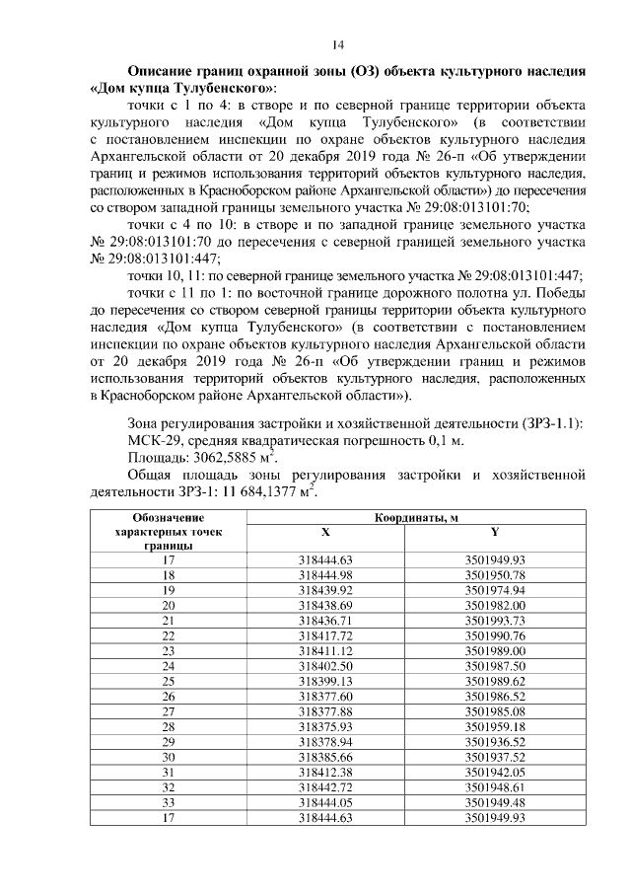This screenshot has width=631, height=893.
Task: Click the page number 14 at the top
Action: [x=337, y=44]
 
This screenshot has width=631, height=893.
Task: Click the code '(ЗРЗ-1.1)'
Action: [x=550, y=423]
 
